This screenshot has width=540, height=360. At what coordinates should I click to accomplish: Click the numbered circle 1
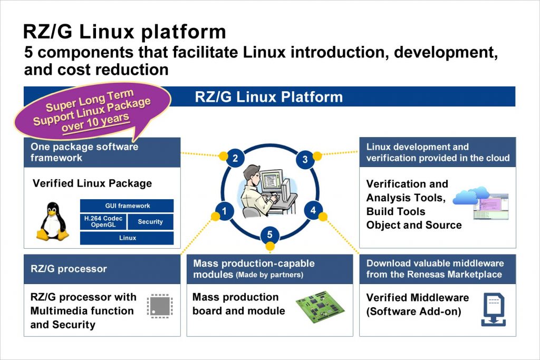tap(225, 212)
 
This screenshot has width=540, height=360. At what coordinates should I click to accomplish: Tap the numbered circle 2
tap(235, 158)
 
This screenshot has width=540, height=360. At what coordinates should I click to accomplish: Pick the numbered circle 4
tap(313, 211)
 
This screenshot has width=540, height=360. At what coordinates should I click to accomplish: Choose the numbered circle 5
tap(269, 235)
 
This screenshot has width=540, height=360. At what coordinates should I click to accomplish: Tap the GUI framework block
tap(127, 206)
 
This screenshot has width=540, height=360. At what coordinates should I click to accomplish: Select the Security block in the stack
tap(150, 222)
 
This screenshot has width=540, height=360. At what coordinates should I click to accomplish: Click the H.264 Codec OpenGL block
tap(103, 222)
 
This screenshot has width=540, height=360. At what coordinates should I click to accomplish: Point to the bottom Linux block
tap(127, 238)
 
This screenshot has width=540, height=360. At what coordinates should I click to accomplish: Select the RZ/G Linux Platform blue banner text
tap(269, 97)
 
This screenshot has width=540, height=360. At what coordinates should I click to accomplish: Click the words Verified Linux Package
tap(92, 183)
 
